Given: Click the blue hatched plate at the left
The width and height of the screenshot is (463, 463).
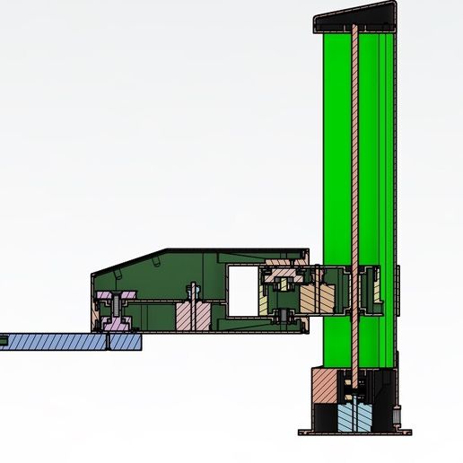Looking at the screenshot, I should pyautogui.click(x=54, y=341).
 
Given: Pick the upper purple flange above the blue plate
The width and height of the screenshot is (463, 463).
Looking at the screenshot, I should pyautogui.click(x=116, y=297).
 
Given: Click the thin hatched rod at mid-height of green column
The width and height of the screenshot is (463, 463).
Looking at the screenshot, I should pyautogui.click(x=356, y=179).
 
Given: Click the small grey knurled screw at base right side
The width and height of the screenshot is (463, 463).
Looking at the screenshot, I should pyautogui.click(x=395, y=415).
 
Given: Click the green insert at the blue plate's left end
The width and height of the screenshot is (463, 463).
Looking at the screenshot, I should pyautogui.click(x=4, y=341).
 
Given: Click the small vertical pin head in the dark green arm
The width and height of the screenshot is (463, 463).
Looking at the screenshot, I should pyautogui.click(x=190, y=291).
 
